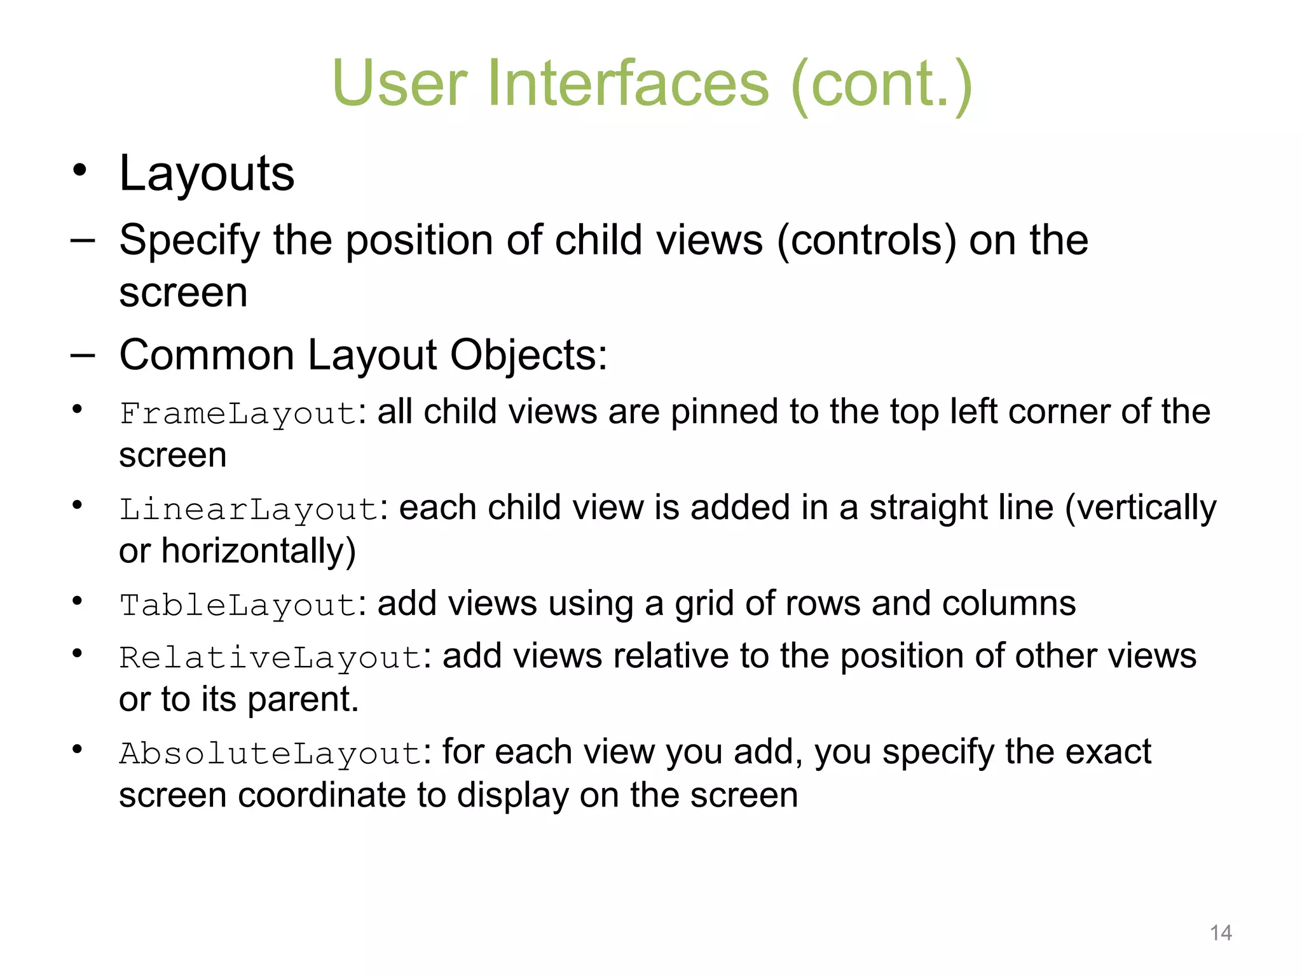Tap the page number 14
tap(1221, 933)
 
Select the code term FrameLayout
tap(238, 414)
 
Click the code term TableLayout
tap(238, 606)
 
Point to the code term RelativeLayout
tap(271, 658)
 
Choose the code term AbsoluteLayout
tap(271, 754)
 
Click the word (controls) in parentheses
tap(867, 240)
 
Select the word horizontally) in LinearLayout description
tap(259, 551)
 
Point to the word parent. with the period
tap(303, 700)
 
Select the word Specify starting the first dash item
tap(189, 240)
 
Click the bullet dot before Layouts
tap(79, 170)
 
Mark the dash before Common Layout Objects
tap(83, 355)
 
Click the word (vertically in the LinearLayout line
tap(1141, 509)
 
